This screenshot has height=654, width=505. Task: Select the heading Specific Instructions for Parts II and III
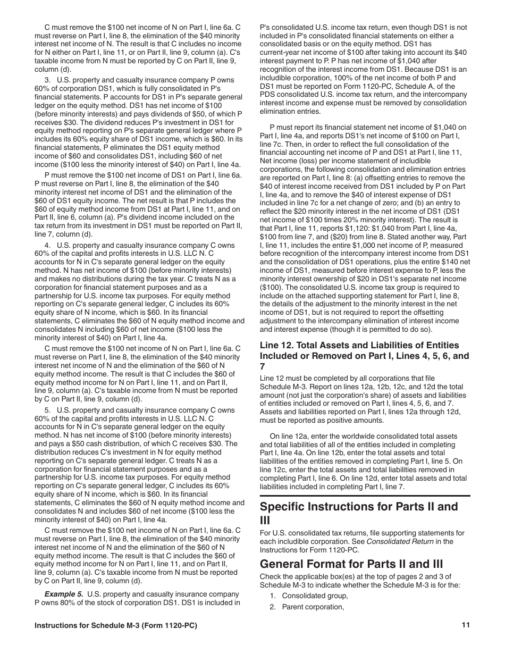359,513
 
